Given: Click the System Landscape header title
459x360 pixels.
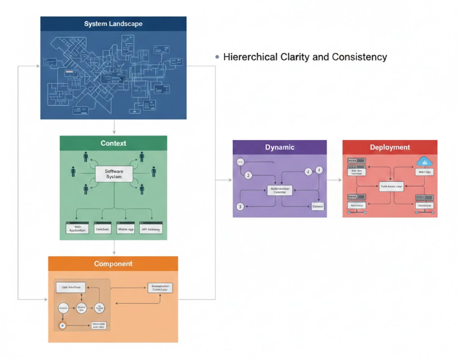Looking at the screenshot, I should click(113, 24).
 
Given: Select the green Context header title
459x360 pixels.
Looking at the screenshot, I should click(113, 143).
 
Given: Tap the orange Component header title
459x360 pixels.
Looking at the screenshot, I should click(113, 264).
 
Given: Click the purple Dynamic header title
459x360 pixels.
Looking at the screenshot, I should click(279, 147).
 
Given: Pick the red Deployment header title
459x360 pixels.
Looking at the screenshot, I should click(389, 147).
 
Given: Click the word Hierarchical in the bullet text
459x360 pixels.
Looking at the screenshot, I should click(251, 57).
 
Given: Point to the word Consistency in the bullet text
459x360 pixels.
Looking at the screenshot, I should click(359, 57).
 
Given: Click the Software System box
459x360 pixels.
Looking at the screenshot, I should click(113, 174).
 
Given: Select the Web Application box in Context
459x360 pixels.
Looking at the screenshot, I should click(77, 228).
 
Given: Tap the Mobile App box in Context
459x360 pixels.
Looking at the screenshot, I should click(126, 228).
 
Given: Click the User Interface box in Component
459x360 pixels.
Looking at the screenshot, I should click(72, 286).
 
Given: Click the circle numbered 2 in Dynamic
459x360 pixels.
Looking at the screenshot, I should click(248, 175).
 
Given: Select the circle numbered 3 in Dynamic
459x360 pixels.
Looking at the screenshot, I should click(240, 206).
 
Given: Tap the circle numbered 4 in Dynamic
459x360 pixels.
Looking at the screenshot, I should click(319, 170).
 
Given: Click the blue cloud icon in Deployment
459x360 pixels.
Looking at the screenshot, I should click(424, 161).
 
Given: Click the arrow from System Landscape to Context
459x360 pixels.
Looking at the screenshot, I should click(113, 127).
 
